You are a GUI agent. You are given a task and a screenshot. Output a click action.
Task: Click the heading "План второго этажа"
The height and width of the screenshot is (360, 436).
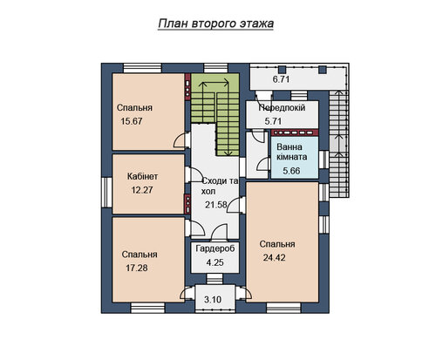click(215, 24)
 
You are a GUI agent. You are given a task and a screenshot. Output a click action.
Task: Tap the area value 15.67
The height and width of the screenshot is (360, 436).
click(132, 121)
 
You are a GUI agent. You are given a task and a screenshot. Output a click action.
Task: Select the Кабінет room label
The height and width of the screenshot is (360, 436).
click(142, 176)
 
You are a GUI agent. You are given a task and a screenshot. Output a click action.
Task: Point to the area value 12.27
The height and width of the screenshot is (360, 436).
click(142, 190)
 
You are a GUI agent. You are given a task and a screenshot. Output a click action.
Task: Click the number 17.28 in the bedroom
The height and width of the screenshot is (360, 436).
click(137, 268)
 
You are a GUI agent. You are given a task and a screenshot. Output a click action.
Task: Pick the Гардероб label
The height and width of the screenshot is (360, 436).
click(215, 248)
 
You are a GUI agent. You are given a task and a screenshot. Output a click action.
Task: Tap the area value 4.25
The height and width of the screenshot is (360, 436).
click(215, 262)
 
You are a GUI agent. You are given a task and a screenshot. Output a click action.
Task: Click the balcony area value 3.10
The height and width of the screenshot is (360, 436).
click(213, 299)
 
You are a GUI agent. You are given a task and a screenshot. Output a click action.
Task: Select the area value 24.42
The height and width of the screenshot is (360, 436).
click(274, 258)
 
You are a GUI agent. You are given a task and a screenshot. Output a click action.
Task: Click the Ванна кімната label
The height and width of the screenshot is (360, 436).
click(291, 152)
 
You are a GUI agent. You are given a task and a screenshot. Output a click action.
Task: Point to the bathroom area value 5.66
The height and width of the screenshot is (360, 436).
click(291, 171)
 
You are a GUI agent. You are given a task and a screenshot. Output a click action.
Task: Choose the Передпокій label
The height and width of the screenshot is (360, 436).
click(282, 108)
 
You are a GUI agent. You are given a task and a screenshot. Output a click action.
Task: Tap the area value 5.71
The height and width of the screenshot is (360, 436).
click(273, 121)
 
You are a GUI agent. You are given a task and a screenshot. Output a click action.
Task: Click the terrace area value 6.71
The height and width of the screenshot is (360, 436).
click(281, 79)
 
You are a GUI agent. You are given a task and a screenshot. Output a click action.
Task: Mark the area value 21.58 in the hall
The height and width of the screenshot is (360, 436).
click(215, 205)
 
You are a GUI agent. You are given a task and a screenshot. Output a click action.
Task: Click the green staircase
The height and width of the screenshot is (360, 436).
click(215, 115)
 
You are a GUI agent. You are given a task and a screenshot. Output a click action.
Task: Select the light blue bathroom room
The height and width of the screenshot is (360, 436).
click(295, 157)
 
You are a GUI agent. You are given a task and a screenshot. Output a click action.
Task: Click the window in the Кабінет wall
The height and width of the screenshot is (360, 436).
click(107, 192)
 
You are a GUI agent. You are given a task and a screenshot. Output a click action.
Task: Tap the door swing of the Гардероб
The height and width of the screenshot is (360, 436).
click(219, 232)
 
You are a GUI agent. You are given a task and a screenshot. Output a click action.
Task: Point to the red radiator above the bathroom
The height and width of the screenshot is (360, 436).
click(295, 132)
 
